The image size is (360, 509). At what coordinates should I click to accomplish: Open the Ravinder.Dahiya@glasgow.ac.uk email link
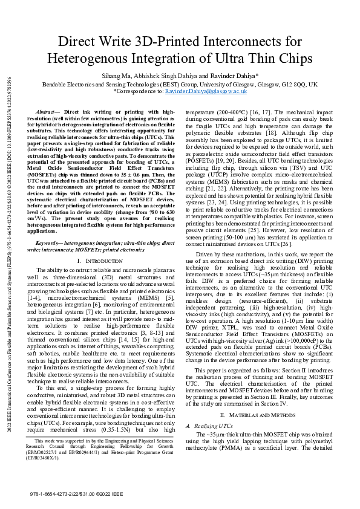coord(206,91)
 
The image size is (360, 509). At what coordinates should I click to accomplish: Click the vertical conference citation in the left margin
coord(10,254)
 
